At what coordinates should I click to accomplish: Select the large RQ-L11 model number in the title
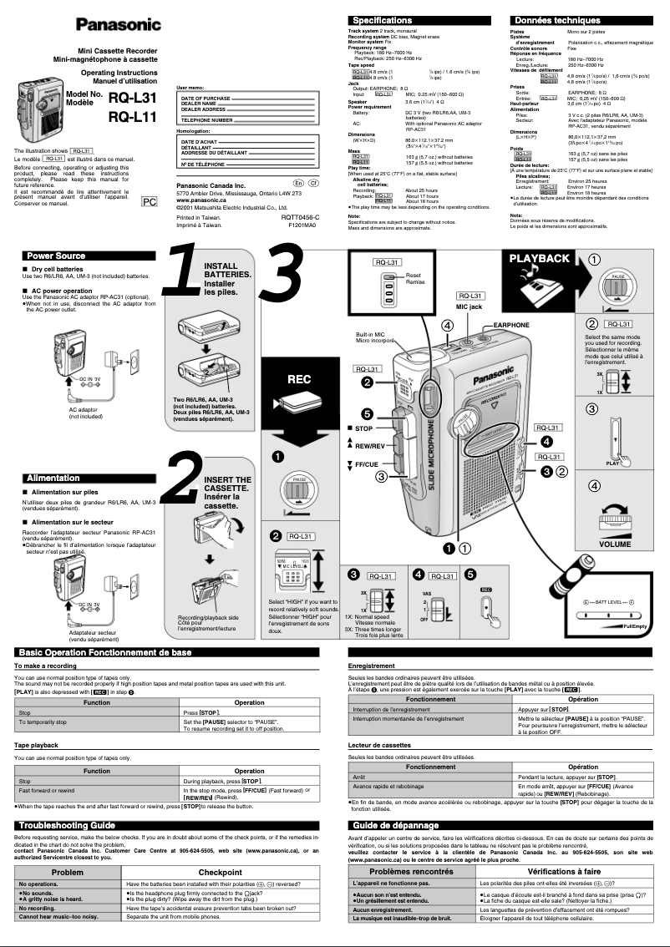click(x=133, y=116)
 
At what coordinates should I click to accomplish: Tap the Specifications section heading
click(x=382, y=20)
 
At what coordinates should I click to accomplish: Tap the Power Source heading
click(x=55, y=256)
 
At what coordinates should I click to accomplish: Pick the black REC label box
click(x=299, y=379)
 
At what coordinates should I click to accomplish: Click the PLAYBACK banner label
click(x=540, y=259)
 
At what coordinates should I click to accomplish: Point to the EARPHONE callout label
click(x=511, y=324)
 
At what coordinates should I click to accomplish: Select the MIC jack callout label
click(x=469, y=306)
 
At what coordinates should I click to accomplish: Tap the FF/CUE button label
click(x=367, y=463)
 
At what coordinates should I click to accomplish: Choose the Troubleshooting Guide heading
click(x=67, y=825)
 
